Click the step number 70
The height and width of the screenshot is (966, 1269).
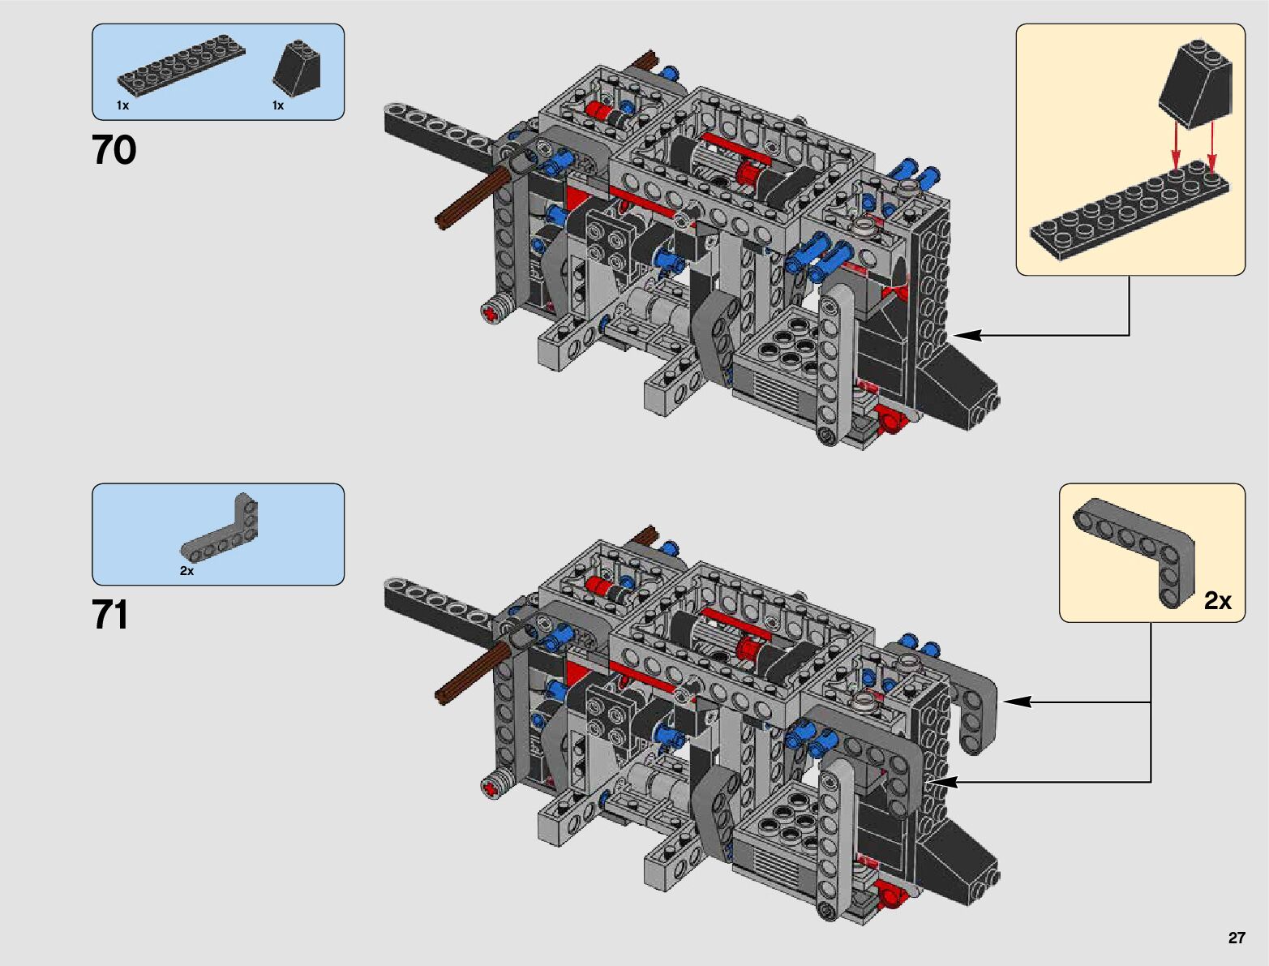click(114, 150)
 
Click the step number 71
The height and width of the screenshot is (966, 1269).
click(109, 615)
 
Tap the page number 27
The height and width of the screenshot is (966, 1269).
click(1237, 938)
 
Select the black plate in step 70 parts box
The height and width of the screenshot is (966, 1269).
click(181, 69)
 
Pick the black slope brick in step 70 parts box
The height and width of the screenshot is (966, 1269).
click(297, 68)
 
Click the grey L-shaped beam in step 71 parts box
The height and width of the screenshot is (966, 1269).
click(222, 533)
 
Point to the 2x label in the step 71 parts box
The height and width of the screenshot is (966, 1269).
click(186, 571)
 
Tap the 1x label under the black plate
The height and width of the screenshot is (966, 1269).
click(122, 105)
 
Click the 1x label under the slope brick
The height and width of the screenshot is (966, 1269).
click(278, 105)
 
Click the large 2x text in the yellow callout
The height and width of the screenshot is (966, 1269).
click(1218, 601)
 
